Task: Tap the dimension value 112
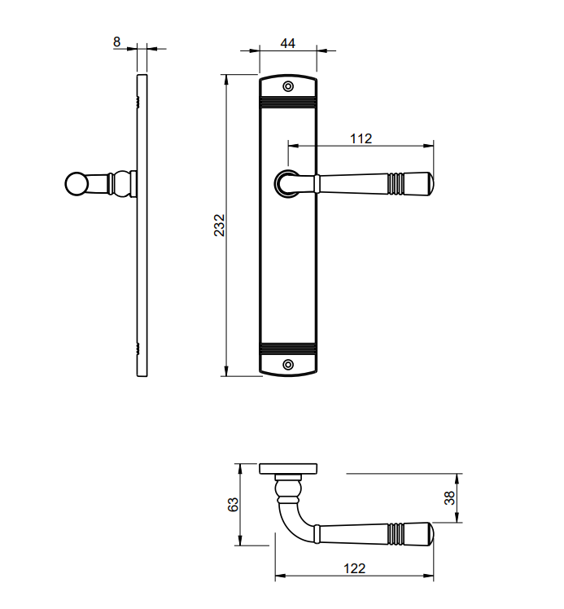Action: point(361,138)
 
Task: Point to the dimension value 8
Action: point(118,40)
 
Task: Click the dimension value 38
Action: point(448,498)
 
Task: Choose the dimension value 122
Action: point(354,568)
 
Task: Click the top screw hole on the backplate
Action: point(287,86)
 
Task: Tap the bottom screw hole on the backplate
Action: point(287,365)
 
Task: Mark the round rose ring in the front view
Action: point(286,185)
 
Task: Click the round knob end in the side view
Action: point(75,184)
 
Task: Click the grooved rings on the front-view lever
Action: point(395,185)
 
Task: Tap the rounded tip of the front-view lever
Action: point(422,185)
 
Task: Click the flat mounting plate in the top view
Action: point(288,468)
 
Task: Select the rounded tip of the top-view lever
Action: point(422,533)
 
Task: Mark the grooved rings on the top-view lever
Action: point(395,533)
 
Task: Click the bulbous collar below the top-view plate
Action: point(287,489)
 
